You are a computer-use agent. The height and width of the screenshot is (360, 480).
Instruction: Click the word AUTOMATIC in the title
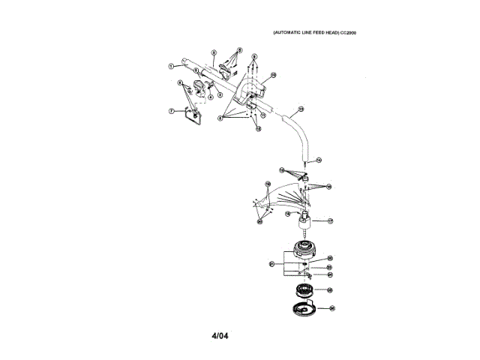tap(287, 34)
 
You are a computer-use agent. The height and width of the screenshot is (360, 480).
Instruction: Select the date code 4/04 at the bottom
tap(219, 335)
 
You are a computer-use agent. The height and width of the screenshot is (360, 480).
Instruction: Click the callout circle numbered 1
tap(172, 66)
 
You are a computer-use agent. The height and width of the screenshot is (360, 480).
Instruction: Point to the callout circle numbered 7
tap(172, 111)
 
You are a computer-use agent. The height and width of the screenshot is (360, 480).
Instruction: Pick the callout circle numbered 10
tap(273, 75)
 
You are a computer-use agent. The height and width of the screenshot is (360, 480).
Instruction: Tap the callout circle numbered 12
tap(301, 109)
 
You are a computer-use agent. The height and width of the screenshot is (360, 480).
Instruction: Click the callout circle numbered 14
tap(318, 160)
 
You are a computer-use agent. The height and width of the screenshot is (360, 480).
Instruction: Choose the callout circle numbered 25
tap(329, 289)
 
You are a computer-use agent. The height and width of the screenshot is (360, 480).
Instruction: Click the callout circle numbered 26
tap(331, 307)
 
